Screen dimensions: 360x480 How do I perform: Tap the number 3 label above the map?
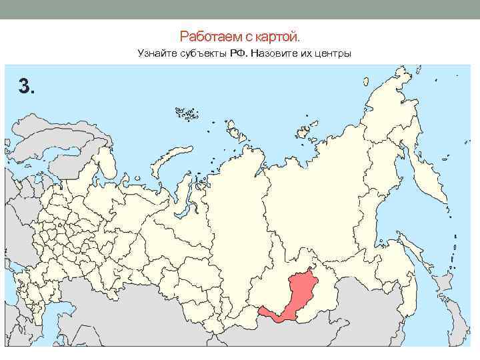[26, 85]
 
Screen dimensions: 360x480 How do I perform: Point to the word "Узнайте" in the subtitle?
[155, 53]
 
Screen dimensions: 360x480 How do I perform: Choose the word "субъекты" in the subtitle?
[206, 53]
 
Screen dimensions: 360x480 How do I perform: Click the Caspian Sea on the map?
[17, 313]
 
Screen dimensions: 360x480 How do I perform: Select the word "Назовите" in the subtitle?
[283, 53]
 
